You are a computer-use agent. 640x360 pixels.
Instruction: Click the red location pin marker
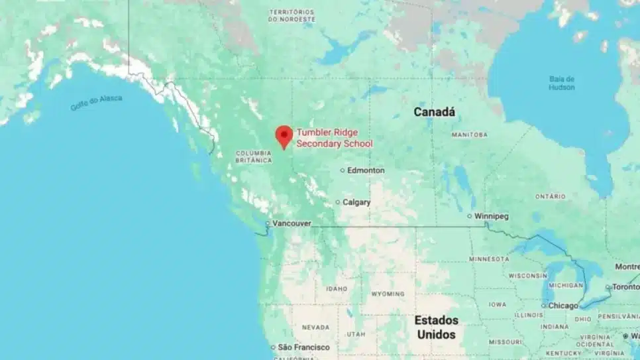pyautogui.click(x=284, y=135)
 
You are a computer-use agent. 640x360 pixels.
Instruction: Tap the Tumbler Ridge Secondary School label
pyautogui.click(x=335, y=138)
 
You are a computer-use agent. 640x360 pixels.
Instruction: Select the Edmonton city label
pyautogui.click(x=366, y=170)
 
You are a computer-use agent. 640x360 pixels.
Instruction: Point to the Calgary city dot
pyautogui.click(x=338, y=202)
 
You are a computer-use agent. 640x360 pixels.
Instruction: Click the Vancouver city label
pyautogui.click(x=292, y=223)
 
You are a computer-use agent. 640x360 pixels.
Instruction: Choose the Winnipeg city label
pyautogui.click(x=492, y=216)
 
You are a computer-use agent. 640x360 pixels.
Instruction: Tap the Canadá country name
pyautogui.click(x=435, y=112)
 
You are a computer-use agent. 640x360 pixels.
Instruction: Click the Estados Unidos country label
pyautogui.click(x=436, y=328)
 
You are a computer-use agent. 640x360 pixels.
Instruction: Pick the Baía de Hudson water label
pyautogui.click(x=561, y=83)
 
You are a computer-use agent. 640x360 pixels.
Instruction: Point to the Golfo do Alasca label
pyautogui.click(x=97, y=102)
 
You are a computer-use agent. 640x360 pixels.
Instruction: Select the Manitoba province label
pyautogui.click(x=469, y=135)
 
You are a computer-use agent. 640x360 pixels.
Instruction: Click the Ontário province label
pyautogui.click(x=551, y=196)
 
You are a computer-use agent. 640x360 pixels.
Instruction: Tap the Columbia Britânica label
pyautogui.click(x=254, y=156)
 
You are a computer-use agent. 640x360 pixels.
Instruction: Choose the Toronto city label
pyautogui.click(x=625, y=287)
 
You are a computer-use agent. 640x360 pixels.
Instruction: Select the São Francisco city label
pyautogui.click(x=303, y=347)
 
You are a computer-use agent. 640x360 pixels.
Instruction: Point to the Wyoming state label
pyautogui.click(x=388, y=293)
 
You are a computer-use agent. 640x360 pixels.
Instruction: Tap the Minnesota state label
pyautogui.click(x=490, y=259)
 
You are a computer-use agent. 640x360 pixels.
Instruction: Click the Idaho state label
pyautogui.click(x=337, y=288)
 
